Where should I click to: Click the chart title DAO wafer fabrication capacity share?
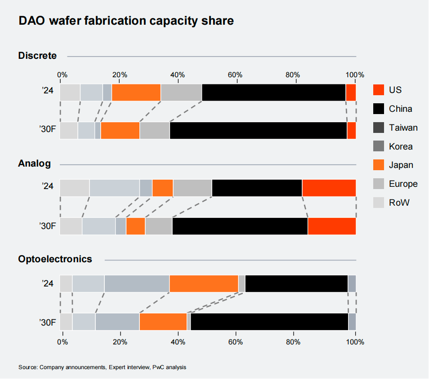[126, 21]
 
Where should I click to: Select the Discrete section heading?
[37, 56]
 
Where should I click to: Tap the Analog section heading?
[34, 163]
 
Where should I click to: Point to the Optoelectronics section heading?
[55, 259]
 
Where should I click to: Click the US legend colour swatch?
[379, 90]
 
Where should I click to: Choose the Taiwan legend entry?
[403, 128]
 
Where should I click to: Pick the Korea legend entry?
[401, 146]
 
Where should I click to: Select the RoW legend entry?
[399, 203]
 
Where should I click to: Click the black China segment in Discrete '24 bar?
[273, 93]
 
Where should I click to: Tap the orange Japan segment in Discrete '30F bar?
[120, 130]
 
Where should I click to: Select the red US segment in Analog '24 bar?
[329, 188]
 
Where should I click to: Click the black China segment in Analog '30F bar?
[240, 226]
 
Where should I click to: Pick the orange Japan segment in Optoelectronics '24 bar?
[204, 283]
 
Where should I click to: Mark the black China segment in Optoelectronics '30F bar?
[269, 322]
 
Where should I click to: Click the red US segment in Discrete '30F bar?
[352, 130]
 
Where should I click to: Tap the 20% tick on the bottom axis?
[120, 342]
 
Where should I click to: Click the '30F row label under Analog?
[47, 226]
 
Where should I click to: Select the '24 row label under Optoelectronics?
[47, 284]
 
